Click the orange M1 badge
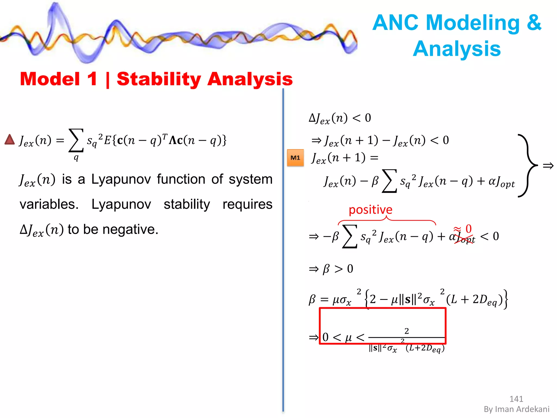click(295, 158)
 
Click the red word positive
click(370, 210)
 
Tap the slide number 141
click(516, 399)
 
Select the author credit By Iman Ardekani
click(516, 409)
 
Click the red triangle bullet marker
click(10, 139)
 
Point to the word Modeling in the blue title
click(473, 23)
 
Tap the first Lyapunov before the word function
click(121, 179)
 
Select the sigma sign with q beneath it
click(76, 141)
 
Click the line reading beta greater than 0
click(332, 269)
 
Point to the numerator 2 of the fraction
click(407, 331)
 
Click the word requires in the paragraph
click(247, 204)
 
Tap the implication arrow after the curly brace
click(548, 165)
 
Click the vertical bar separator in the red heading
click(107, 80)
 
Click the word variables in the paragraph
click(49, 204)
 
